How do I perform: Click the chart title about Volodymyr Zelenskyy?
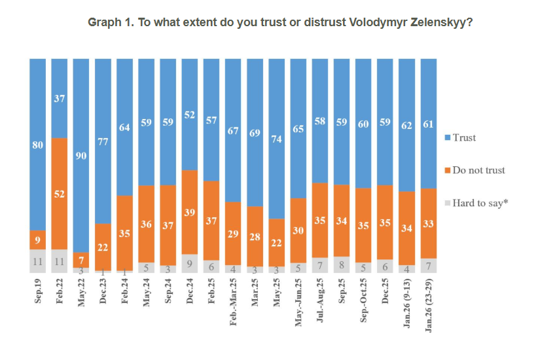click(x=281, y=22)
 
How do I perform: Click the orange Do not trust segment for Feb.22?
click(x=60, y=193)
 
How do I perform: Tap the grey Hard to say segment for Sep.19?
click(x=38, y=261)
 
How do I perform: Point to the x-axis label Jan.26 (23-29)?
click(x=428, y=308)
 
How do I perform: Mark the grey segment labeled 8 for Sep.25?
click(x=341, y=264)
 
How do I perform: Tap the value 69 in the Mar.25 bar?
click(x=255, y=132)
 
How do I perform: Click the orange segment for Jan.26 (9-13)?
click(x=406, y=228)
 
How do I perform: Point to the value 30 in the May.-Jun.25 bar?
click(x=298, y=230)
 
